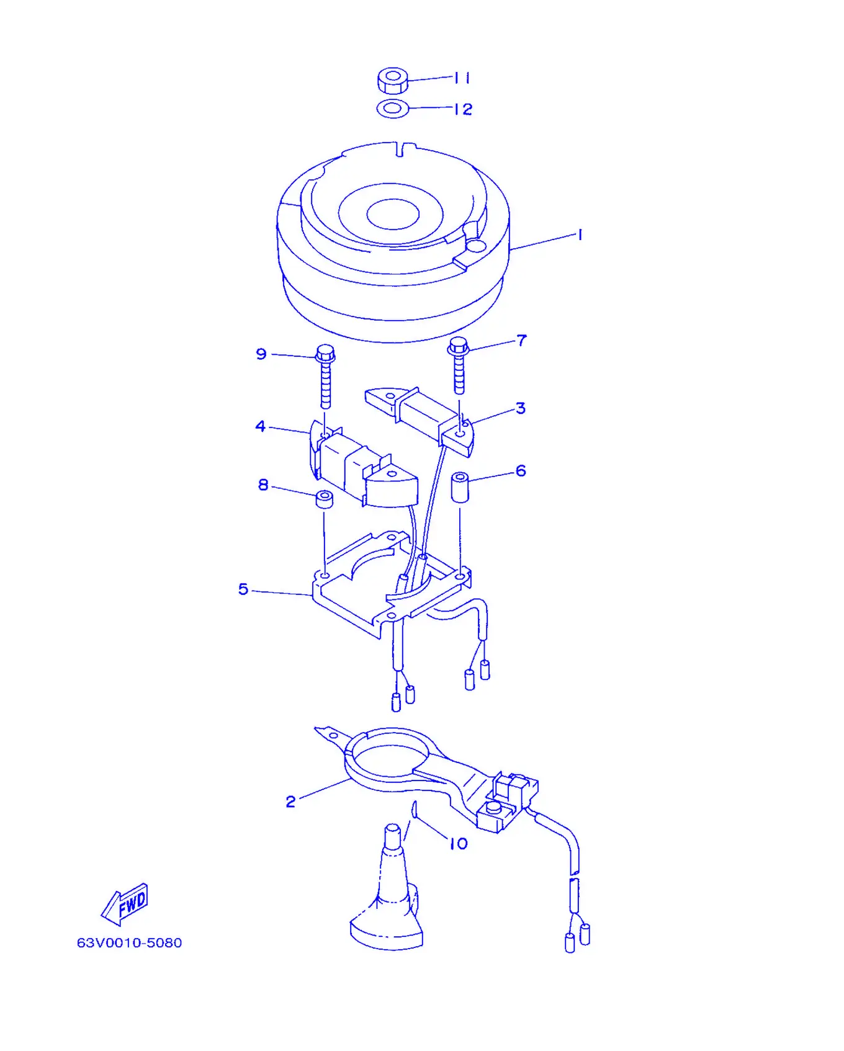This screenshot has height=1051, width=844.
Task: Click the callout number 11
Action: click(462, 78)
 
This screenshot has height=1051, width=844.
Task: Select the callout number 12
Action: click(463, 109)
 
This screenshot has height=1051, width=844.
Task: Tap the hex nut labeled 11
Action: click(392, 81)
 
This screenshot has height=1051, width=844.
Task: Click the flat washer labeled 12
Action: click(392, 109)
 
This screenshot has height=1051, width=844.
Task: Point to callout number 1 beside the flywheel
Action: click(580, 235)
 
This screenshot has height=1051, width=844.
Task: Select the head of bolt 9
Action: click(325, 354)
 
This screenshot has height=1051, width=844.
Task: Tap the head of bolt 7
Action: click(458, 347)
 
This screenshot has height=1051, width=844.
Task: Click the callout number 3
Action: click(521, 408)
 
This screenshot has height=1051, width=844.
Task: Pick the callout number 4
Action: click(261, 426)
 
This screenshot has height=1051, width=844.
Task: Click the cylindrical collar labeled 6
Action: click(460, 487)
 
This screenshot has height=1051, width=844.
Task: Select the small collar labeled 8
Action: click(325, 499)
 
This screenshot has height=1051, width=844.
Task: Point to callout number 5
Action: click(243, 589)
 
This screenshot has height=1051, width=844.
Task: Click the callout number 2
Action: click(290, 802)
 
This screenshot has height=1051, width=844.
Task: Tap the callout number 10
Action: click(459, 844)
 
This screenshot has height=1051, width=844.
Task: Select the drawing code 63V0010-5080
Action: click(129, 942)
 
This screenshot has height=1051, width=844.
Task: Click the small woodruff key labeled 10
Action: click(413, 809)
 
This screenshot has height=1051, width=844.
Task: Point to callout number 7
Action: click(521, 341)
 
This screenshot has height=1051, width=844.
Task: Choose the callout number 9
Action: click(261, 354)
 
